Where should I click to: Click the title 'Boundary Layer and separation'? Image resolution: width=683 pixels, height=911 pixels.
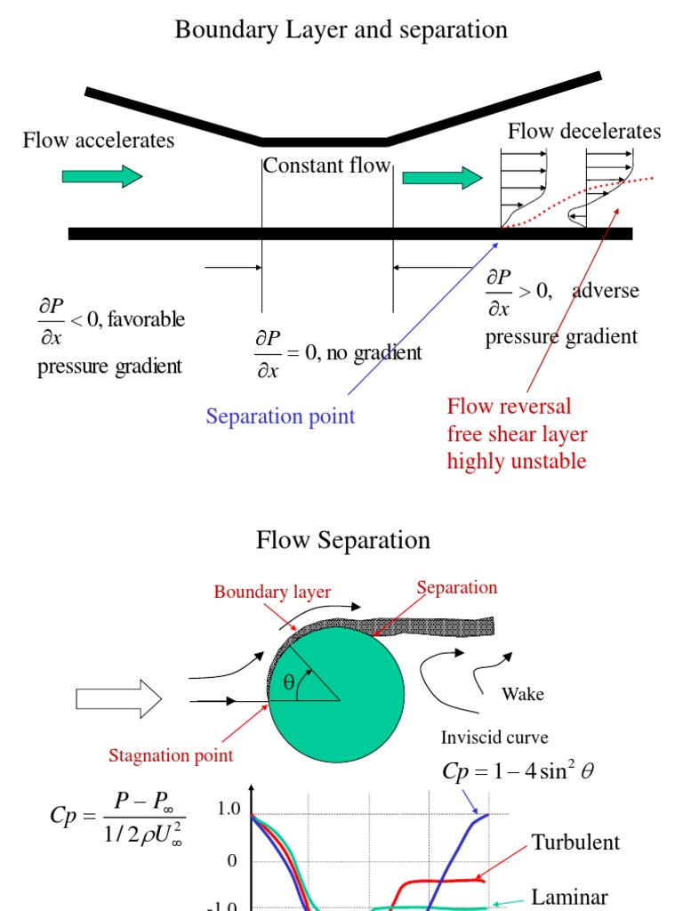click(341, 29)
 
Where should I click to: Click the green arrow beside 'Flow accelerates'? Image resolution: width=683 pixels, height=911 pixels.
click(101, 176)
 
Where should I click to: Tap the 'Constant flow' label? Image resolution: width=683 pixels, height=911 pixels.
click(326, 165)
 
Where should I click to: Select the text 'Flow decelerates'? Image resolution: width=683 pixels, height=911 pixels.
click(583, 132)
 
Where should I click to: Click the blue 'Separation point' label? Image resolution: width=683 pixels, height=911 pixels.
click(280, 416)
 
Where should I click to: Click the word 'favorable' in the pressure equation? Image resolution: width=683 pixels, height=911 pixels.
click(147, 319)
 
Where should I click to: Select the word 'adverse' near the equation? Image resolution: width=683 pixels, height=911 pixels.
click(606, 291)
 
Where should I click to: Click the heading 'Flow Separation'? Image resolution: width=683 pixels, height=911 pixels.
click(343, 540)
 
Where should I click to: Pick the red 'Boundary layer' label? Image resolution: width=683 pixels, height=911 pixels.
click(272, 593)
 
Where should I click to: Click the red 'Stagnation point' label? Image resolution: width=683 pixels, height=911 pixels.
click(171, 756)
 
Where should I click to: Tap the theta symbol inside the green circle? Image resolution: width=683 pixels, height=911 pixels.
click(288, 683)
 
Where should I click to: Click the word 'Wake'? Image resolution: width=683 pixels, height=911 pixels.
click(523, 694)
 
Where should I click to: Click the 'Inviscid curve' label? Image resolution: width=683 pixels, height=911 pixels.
click(494, 738)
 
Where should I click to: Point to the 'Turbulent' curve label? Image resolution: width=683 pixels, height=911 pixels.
click(575, 842)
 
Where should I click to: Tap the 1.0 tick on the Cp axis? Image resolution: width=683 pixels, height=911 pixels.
click(229, 810)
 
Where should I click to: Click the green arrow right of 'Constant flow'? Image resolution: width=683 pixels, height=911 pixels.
click(441, 178)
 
